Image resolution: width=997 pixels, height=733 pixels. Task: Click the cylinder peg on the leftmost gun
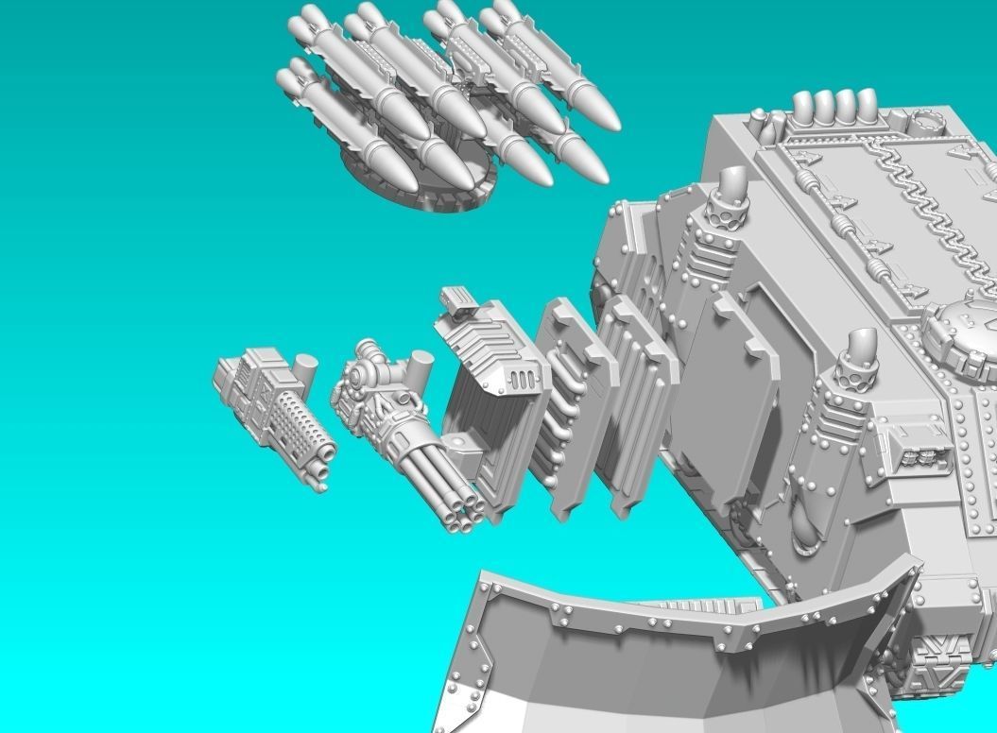point(304,366)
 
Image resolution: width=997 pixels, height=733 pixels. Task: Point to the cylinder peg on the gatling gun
point(418,364)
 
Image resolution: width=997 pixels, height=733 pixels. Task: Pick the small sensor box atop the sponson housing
point(457,300)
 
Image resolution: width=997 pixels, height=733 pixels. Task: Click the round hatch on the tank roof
point(964,331)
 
